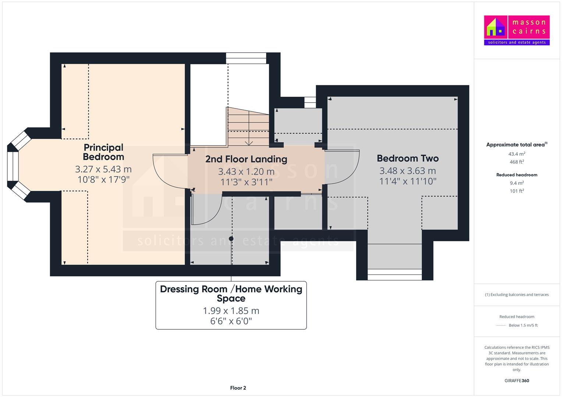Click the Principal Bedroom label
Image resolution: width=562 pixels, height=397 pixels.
(103, 152)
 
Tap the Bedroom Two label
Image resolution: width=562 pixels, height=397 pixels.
(408, 158)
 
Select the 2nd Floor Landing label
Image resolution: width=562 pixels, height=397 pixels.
(246, 159)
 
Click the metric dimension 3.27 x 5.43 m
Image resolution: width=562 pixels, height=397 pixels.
(103, 169)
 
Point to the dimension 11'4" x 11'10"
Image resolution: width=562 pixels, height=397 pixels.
(408, 181)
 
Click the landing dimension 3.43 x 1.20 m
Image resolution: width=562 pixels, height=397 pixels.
(246, 172)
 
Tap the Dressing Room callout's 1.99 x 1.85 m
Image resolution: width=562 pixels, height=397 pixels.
(231, 311)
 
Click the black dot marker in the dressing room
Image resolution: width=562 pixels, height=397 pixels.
(231, 239)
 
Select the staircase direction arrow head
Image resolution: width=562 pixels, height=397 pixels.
(249, 144)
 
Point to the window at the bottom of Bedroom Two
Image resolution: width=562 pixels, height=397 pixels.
(395, 275)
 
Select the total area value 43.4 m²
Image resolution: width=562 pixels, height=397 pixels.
(517, 154)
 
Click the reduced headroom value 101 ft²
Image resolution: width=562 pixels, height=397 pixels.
(517, 191)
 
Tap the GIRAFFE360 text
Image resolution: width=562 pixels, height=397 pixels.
(517, 380)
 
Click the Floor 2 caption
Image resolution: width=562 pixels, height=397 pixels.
(238, 388)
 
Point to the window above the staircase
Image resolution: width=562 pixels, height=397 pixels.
(246, 58)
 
